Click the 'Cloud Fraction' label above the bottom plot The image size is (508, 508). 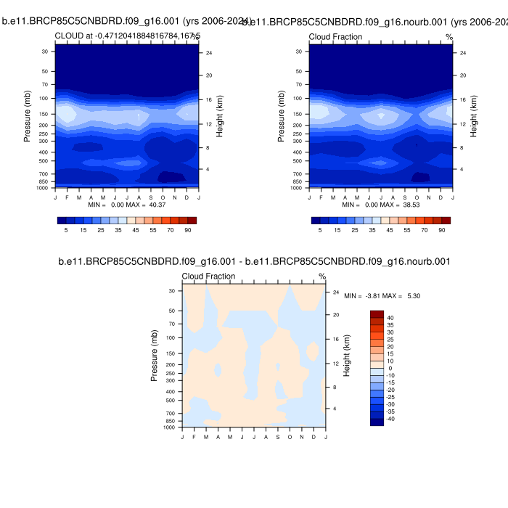click(x=208, y=276)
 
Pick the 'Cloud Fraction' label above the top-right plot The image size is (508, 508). click(x=335, y=37)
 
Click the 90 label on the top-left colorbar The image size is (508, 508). click(x=187, y=230)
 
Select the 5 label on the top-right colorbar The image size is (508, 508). click(x=320, y=230)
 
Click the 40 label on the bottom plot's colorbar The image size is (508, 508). click(x=390, y=318)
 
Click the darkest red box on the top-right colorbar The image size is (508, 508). click(x=446, y=221)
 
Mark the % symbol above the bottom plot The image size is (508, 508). click(x=322, y=276)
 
